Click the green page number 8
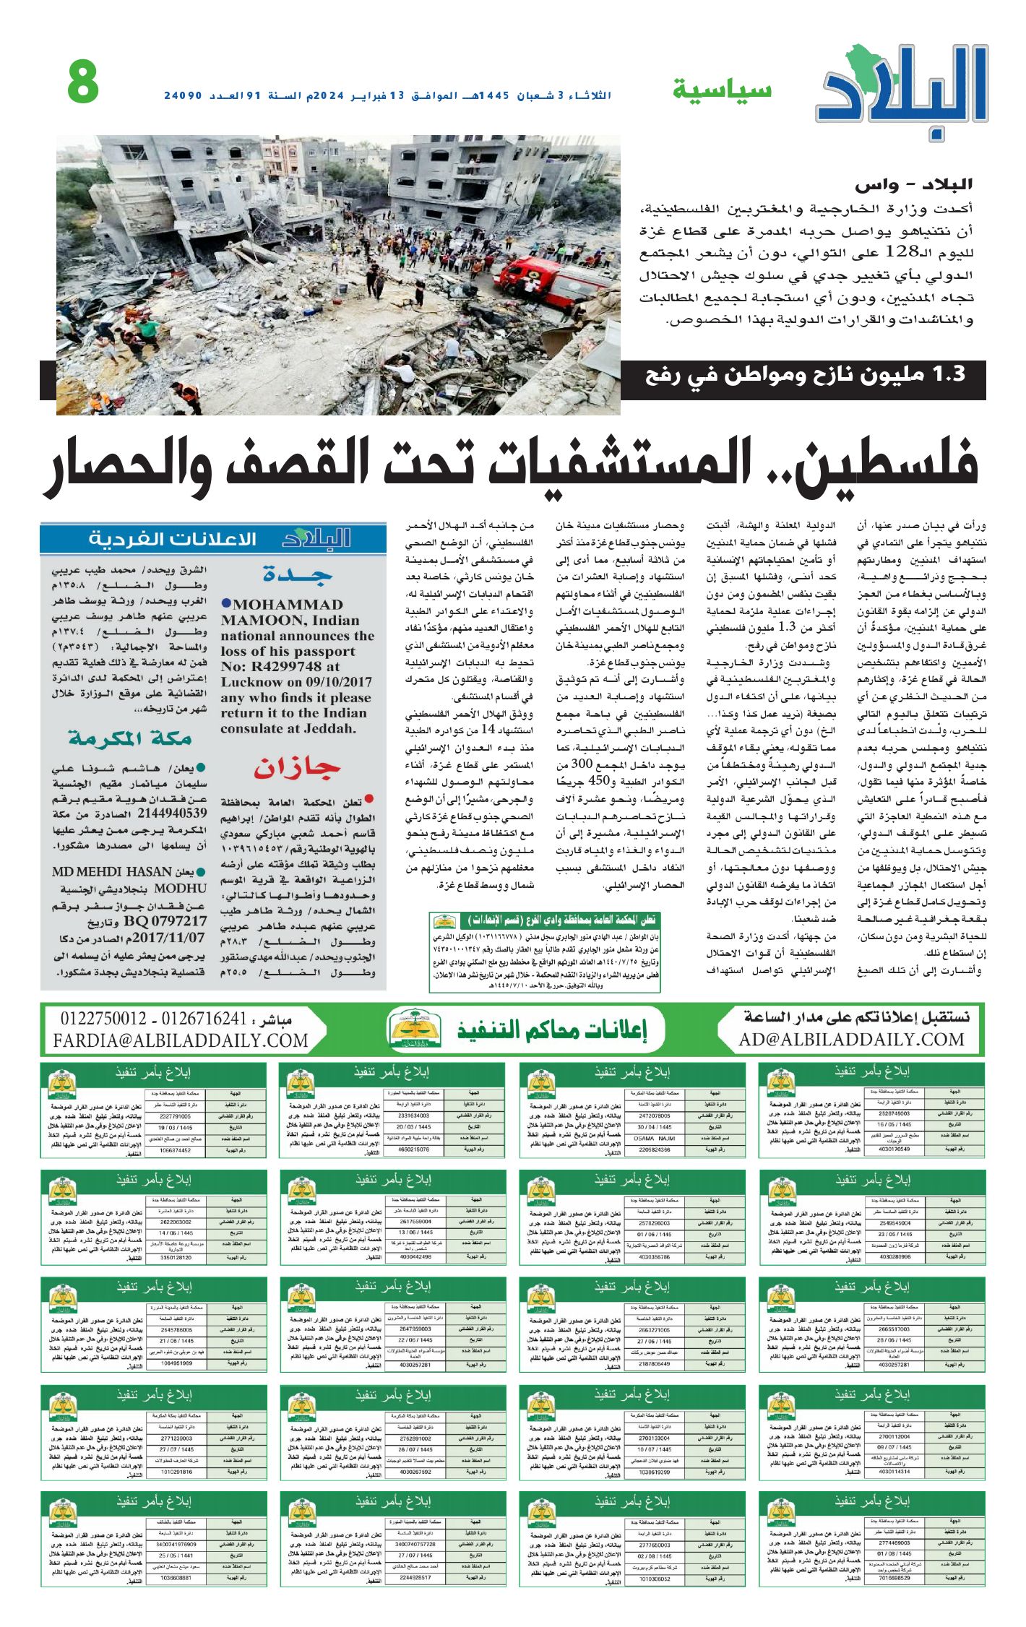click(x=83, y=82)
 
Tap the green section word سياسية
click(x=722, y=90)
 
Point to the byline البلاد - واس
click(x=913, y=186)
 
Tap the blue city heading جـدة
click(x=298, y=575)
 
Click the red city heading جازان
click(x=297, y=768)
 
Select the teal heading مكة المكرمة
click(x=130, y=738)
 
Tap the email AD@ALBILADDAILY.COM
click(x=851, y=1040)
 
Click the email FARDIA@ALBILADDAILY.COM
click(x=181, y=1040)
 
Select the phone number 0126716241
click(x=204, y=1019)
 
